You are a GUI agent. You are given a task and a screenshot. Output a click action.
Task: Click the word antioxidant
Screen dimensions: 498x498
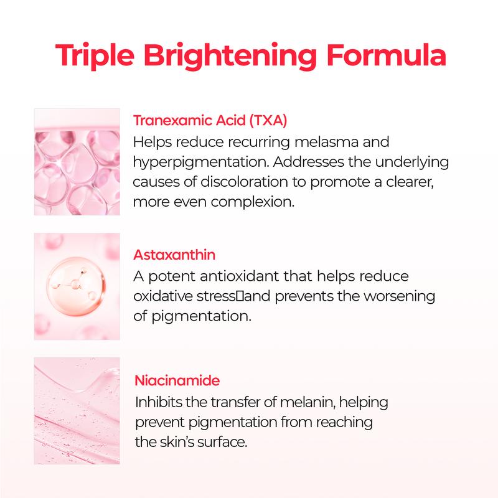pyautogui.click(x=244, y=275)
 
